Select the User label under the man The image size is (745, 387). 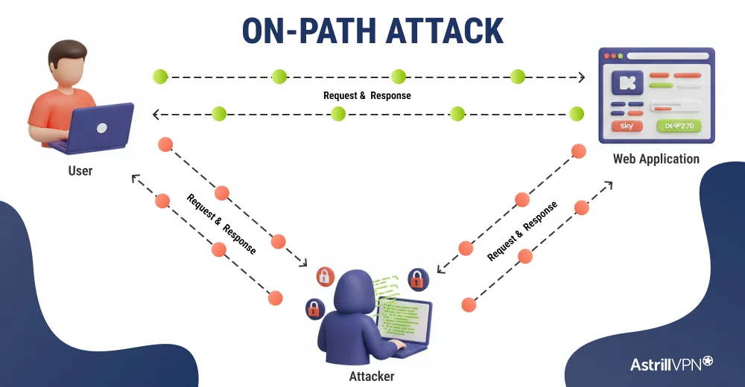coord(80,170)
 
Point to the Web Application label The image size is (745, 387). coord(656,159)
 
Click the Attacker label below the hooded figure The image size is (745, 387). coord(371,376)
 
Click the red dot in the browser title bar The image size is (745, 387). coord(606,56)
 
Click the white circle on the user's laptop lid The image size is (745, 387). coord(101,127)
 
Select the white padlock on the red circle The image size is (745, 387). coord(325,277)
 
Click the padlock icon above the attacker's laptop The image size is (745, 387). coord(418,280)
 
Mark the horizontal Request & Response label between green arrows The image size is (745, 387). coord(367,96)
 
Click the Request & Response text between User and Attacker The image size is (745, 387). coord(221,224)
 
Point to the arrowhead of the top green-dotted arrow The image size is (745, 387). coord(582,77)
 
